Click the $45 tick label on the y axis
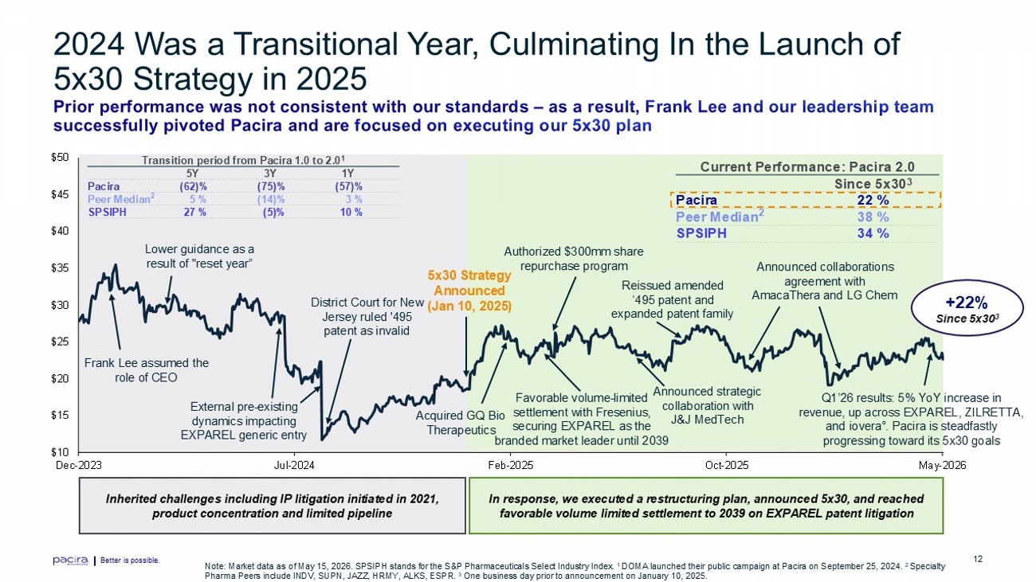pyautogui.click(x=60, y=194)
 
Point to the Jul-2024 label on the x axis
pyautogui.click(x=294, y=465)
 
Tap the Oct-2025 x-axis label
pyautogui.click(x=727, y=465)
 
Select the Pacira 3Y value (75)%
pyautogui.click(x=271, y=186)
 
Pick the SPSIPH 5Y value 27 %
pyautogui.click(x=195, y=212)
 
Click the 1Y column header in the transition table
pyautogui.click(x=347, y=174)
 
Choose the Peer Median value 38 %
pyautogui.click(x=873, y=217)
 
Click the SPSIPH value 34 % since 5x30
pyautogui.click(x=873, y=233)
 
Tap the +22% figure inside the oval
pyautogui.click(x=967, y=303)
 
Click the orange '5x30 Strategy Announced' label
pyautogui.click(x=469, y=291)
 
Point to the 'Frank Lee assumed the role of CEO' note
pyautogui.click(x=146, y=370)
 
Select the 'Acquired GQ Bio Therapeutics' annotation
pyautogui.click(x=461, y=423)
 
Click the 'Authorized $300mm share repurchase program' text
pyautogui.click(x=574, y=259)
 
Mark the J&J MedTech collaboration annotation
pyautogui.click(x=707, y=405)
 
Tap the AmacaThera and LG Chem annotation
pyautogui.click(x=825, y=281)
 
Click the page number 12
pyautogui.click(x=978, y=559)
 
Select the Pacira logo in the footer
pyautogui.click(x=70, y=561)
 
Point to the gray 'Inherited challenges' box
pyautogui.click(x=273, y=506)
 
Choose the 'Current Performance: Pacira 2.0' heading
pyautogui.click(x=807, y=166)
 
